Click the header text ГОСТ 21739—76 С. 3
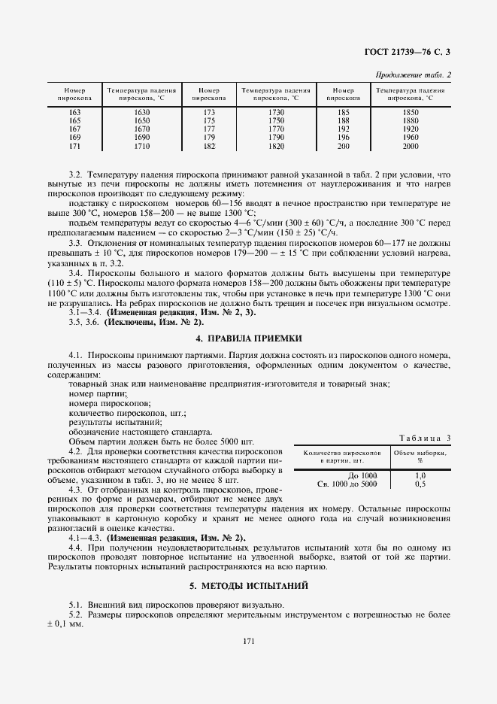tap(412, 52)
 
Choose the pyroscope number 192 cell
tap(343, 129)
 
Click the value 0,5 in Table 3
tap(420, 484)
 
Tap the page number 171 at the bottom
tap(248, 640)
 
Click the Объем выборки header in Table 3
tap(420, 457)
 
